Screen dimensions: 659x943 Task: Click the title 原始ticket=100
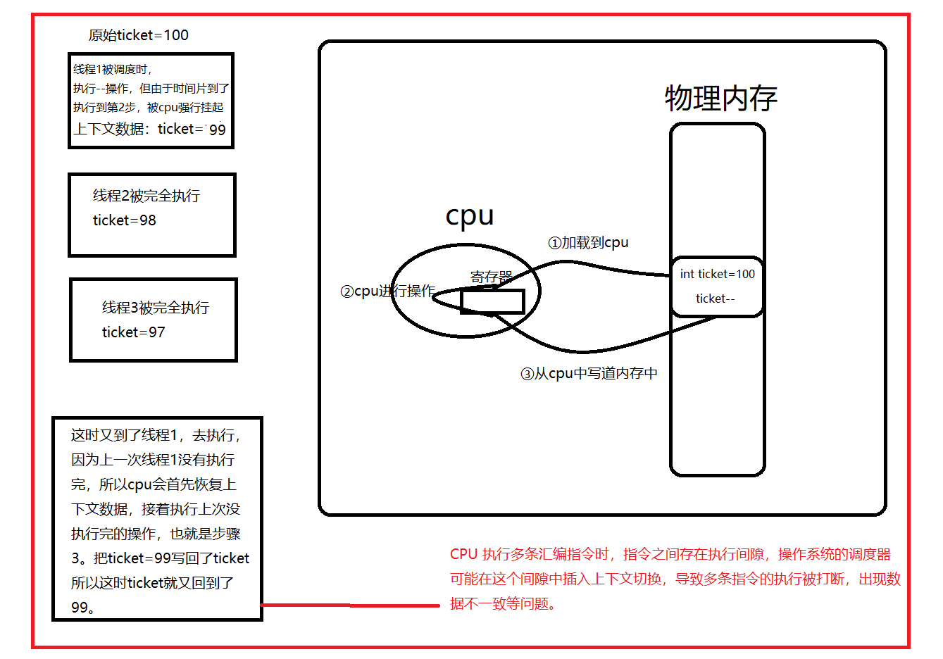(138, 35)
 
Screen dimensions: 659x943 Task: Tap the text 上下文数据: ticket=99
(149, 129)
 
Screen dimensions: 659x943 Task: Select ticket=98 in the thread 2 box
(125, 220)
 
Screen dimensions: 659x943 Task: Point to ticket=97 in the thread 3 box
(134, 332)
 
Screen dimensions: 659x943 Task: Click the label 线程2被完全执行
(146, 196)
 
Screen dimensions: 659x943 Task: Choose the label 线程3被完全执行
(156, 308)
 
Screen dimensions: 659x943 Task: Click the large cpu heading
(470, 215)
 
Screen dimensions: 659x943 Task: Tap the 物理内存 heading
(720, 99)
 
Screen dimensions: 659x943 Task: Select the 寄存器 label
(491, 277)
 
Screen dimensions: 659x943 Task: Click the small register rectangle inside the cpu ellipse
(492, 301)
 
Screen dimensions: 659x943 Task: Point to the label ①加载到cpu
(588, 243)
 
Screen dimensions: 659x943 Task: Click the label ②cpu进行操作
(387, 291)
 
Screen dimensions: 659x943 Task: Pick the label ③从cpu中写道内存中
(589, 373)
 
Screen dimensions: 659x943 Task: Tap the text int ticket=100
(717, 274)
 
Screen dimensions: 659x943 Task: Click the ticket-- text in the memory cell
(715, 299)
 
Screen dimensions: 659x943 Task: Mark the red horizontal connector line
(350, 605)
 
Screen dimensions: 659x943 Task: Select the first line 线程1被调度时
(113, 70)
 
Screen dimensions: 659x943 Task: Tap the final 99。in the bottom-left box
(83, 608)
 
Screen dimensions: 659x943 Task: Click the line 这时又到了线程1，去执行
(156, 435)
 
